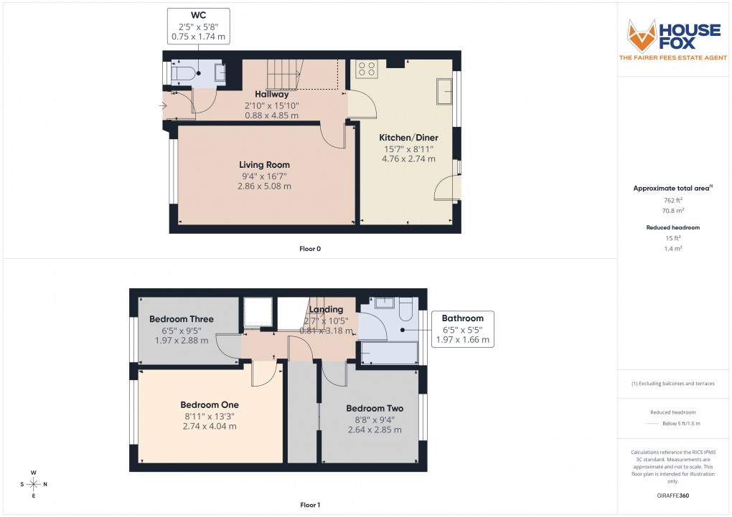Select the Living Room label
tap(265, 165)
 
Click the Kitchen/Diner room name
tap(409, 138)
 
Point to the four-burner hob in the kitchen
tap(367, 69)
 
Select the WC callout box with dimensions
tap(198, 25)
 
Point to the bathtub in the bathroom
tap(388, 353)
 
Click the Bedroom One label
tap(210, 404)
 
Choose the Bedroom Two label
tap(370, 409)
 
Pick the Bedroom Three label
tap(181, 319)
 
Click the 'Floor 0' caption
tap(310, 249)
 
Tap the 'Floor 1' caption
tap(310, 505)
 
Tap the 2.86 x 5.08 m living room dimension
tap(264, 186)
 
